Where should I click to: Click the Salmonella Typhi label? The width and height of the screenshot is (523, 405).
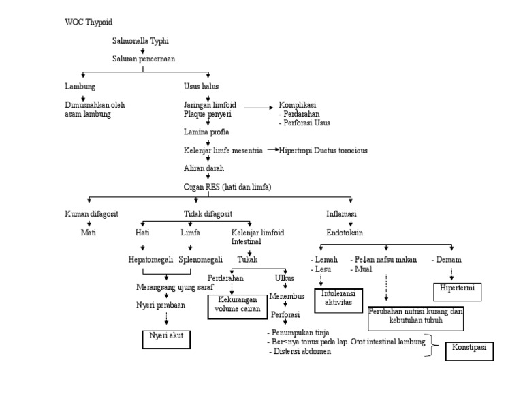140,41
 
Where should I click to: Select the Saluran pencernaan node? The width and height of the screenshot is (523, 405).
143,59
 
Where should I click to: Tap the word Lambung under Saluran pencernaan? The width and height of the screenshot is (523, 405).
80,87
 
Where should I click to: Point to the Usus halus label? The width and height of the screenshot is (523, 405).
201,87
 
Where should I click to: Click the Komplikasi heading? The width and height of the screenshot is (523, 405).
299,106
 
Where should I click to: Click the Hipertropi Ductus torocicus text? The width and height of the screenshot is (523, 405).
323,150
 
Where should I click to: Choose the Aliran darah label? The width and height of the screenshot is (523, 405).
204,168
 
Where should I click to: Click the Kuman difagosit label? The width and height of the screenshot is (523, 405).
91,214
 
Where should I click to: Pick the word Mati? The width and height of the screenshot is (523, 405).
89,232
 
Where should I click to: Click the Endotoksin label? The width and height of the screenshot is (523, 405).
345,232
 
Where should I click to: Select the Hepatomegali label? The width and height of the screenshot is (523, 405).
151,260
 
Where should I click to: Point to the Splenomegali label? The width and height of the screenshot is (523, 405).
201,260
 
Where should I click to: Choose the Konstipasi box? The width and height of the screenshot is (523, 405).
469,350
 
